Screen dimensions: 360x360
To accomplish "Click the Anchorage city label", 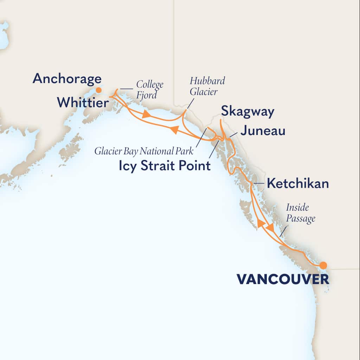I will click(x=67, y=79).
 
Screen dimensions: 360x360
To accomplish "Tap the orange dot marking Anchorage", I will click(x=99, y=90).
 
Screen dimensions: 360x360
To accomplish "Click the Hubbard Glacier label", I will click(x=207, y=85).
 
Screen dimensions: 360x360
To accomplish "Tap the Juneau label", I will click(x=262, y=131).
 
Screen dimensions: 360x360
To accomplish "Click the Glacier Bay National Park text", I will click(x=144, y=152).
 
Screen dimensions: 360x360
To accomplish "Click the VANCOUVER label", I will click(x=283, y=279).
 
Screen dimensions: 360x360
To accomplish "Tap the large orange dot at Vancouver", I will click(x=323, y=265).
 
